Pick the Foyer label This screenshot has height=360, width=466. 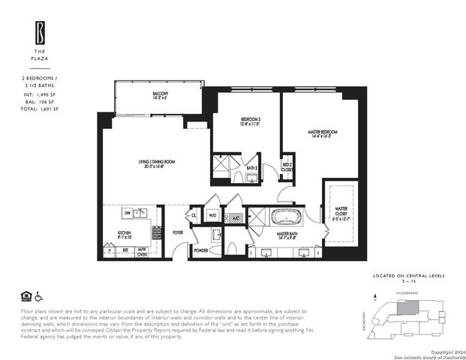(x=178, y=232)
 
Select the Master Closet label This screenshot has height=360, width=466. (x=341, y=213)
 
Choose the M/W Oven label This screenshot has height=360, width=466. (x=142, y=252)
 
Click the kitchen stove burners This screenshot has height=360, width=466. (x=157, y=232)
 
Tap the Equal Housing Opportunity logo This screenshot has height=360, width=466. (x=26, y=295)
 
